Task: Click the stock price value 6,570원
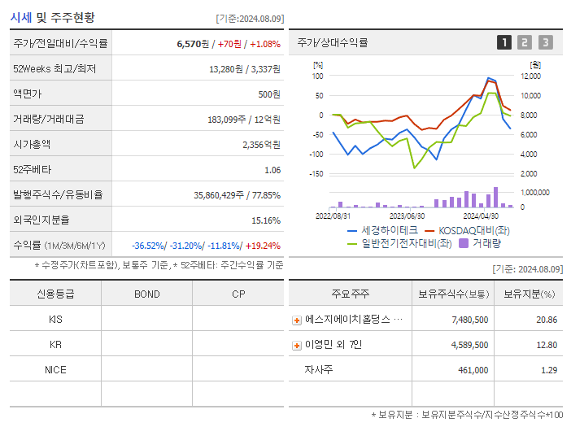194,44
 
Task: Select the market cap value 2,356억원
261,145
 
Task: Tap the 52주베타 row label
31,170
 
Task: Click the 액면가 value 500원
269,94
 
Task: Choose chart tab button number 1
504,42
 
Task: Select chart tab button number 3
545,42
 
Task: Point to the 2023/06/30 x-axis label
407,216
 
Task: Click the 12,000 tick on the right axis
530,76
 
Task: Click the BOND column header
146,294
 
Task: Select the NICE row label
55,370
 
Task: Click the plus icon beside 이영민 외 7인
297,346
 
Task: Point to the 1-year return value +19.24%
263,246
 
